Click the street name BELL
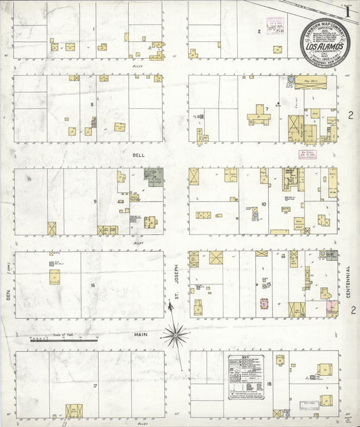(138, 155)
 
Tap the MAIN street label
(140, 334)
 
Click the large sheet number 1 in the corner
(347, 12)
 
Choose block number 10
(264, 203)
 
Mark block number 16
(92, 286)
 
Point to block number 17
(96, 386)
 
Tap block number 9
(95, 201)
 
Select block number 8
(92, 105)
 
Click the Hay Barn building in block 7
(311, 80)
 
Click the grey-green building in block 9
(155, 177)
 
